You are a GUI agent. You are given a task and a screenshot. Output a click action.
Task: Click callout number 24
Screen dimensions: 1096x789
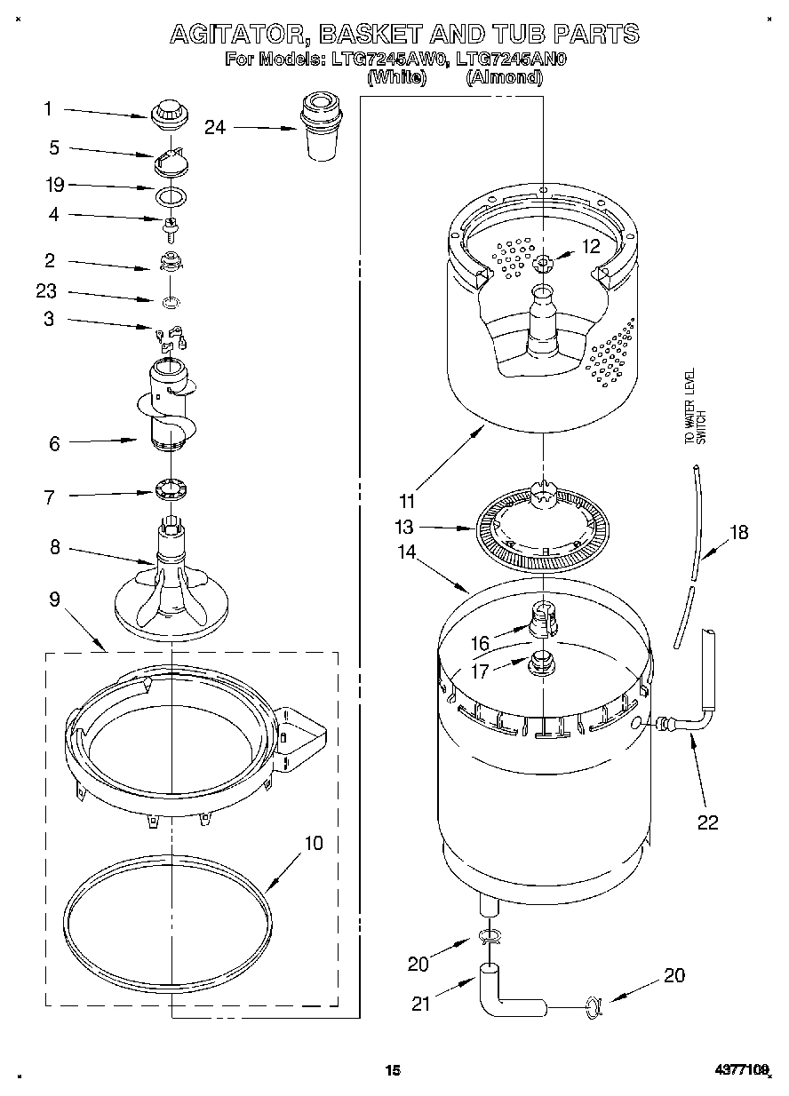pyautogui.click(x=214, y=127)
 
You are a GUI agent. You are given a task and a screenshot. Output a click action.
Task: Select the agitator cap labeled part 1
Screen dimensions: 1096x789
pyautogui.click(x=165, y=114)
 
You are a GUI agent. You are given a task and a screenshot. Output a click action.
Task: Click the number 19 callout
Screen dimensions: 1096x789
pyautogui.click(x=54, y=185)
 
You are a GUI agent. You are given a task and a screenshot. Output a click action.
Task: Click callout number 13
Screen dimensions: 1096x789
pyautogui.click(x=405, y=528)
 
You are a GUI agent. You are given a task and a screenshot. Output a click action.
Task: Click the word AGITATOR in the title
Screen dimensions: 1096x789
pyautogui.click(x=236, y=35)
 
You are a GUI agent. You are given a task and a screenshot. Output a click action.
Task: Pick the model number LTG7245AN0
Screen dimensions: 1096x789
pyautogui.click(x=511, y=60)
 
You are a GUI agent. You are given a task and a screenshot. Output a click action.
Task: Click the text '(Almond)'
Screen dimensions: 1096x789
pyautogui.click(x=505, y=77)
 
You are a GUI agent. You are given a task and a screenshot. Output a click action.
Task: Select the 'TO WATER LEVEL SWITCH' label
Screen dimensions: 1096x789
pyautogui.click(x=694, y=407)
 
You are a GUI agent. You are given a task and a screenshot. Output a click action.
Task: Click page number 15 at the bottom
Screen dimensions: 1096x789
pyautogui.click(x=393, y=1070)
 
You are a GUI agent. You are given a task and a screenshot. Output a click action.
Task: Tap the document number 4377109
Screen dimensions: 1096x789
pyautogui.click(x=742, y=1071)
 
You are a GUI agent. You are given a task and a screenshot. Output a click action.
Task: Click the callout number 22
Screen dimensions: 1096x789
pyautogui.click(x=707, y=822)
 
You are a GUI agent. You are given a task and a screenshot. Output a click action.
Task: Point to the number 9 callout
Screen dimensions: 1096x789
pyautogui.click(x=54, y=600)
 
